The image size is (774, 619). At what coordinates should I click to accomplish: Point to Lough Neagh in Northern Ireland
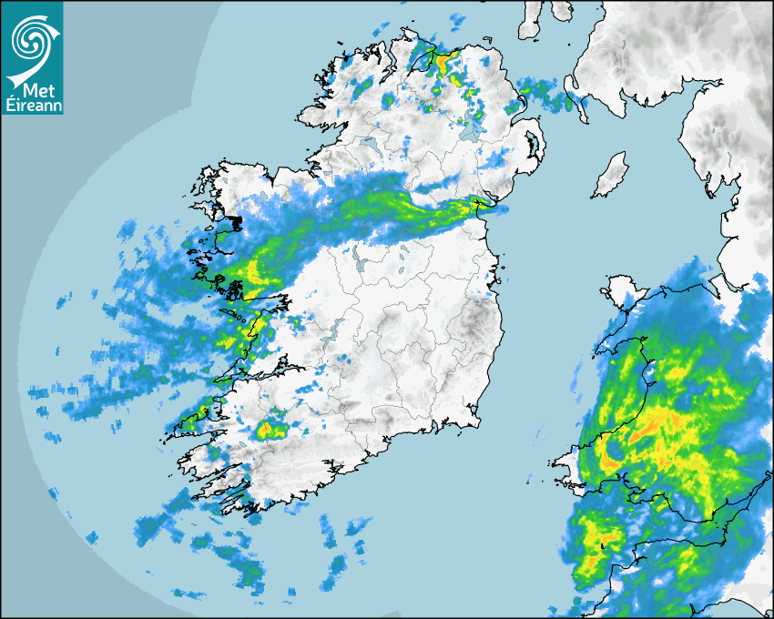click(x=471, y=131)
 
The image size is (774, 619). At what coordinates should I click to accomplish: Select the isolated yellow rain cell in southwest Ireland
click(x=270, y=429)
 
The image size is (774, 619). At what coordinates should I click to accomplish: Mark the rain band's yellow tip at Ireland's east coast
click(x=477, y=205)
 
